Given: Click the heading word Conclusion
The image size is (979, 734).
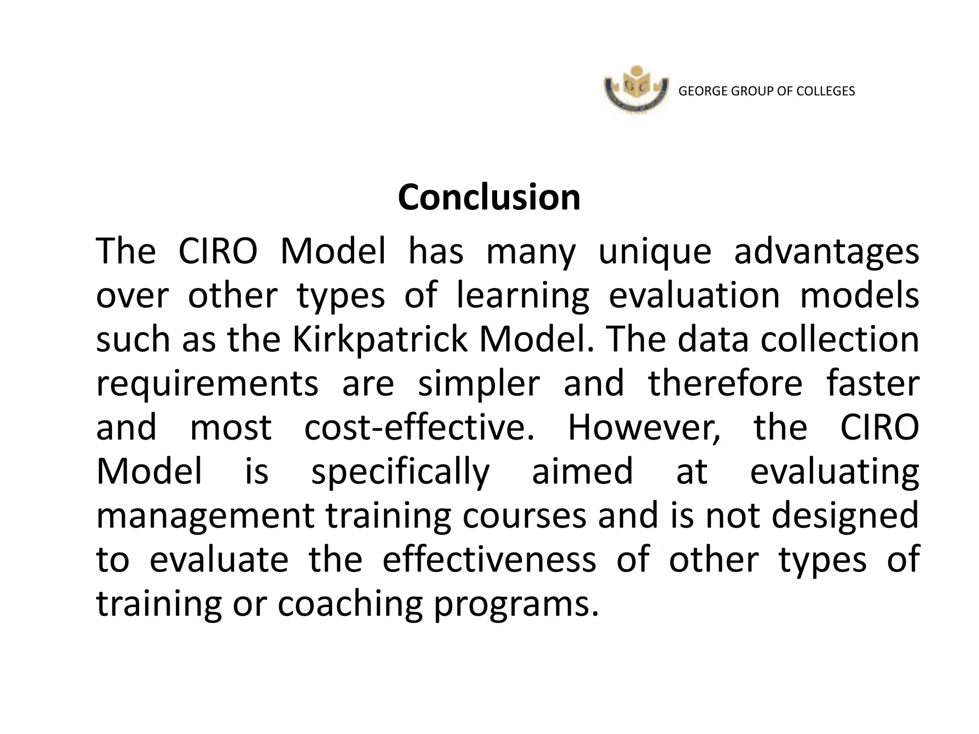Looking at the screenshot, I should (x=489, y=197).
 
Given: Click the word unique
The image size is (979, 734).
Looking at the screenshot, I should (x=655, y=252).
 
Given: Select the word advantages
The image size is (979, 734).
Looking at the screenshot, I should (x=826, y=252).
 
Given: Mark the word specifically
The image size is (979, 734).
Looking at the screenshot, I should (x=401, y=472).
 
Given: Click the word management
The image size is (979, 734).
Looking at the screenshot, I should (x=206, y=516).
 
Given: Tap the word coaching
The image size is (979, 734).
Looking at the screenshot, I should (x=350, y=604).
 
